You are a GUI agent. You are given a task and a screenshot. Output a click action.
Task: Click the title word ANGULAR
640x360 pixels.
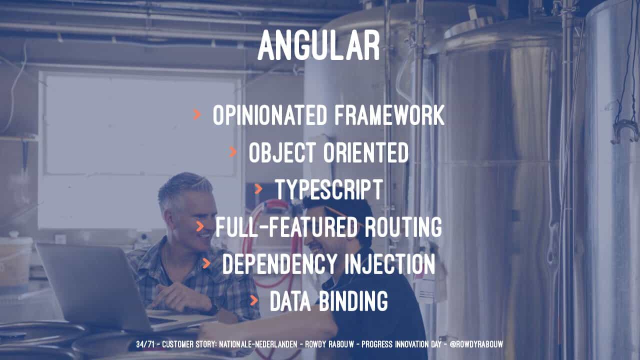click(319, 45)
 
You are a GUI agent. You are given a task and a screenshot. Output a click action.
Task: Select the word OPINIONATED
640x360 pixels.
click(269, 115)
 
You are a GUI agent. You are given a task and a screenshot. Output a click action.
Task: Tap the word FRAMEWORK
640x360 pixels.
click(389, 115)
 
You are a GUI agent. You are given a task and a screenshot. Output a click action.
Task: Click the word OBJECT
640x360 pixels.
click(282, 152)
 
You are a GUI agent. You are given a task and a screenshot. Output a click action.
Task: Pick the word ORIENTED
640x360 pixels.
click(365, 152)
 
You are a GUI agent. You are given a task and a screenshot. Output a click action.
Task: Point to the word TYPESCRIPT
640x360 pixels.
click(329, 189)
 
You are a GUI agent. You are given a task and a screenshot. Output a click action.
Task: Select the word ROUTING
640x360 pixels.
click(403, 226)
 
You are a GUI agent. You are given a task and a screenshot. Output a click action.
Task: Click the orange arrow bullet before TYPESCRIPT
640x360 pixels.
click(258, 189)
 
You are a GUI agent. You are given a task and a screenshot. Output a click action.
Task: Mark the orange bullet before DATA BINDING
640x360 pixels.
click(253, 300)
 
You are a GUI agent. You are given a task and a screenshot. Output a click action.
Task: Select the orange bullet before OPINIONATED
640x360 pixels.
click(197, 114)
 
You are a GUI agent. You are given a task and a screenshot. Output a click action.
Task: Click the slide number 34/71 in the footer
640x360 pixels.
click(145, 344)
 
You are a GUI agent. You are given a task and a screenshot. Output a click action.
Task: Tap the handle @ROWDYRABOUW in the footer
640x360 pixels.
click(476, 344)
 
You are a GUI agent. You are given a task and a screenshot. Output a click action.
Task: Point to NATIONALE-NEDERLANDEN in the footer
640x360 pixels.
click(258, 344)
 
